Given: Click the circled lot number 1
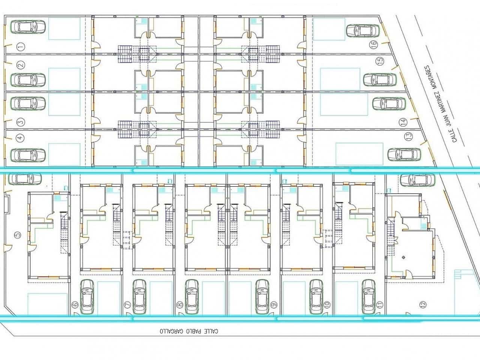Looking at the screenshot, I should click(x=21, y=47).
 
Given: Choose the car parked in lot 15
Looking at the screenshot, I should click(x=380, y=79).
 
